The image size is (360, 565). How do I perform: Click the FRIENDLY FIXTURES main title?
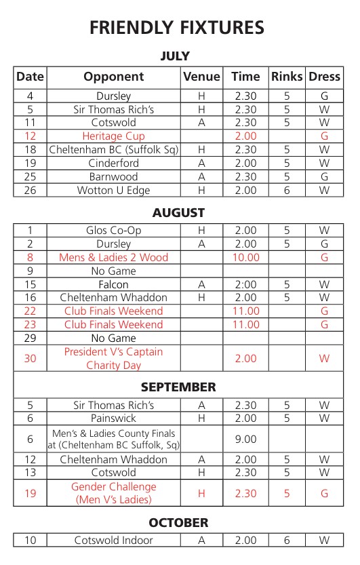tap(176, 28)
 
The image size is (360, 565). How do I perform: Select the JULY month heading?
tap(175, 56)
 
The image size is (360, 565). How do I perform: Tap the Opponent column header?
tap(113, 77)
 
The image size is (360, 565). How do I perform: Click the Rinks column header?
tap(287, 77)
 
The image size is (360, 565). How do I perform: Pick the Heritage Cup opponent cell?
tap(113, 136)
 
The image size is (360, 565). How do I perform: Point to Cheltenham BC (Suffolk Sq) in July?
tap(113, 150)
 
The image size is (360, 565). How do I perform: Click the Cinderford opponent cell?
tap(113, 163)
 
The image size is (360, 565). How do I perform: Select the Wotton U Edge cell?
tap(113, 191)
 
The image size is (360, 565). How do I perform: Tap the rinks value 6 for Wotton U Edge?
tap(287, 191)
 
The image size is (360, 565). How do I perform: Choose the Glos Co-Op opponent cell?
tap(113, 231)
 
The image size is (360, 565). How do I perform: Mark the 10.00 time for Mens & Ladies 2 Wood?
tap(246, 258)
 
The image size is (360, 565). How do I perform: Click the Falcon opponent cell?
tap(113, 284)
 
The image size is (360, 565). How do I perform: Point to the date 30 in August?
tap(30, 358)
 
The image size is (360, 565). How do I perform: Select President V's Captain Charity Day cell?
tap(113, 358)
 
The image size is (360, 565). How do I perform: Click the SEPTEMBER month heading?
tap(178, 387)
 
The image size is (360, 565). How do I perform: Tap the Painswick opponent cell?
tap(113, 419)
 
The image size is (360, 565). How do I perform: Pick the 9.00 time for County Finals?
tap(246, 439)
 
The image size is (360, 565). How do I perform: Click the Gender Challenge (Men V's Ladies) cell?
tap(113, 493)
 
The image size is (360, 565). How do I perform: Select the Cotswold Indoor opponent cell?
tap(113, 541)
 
